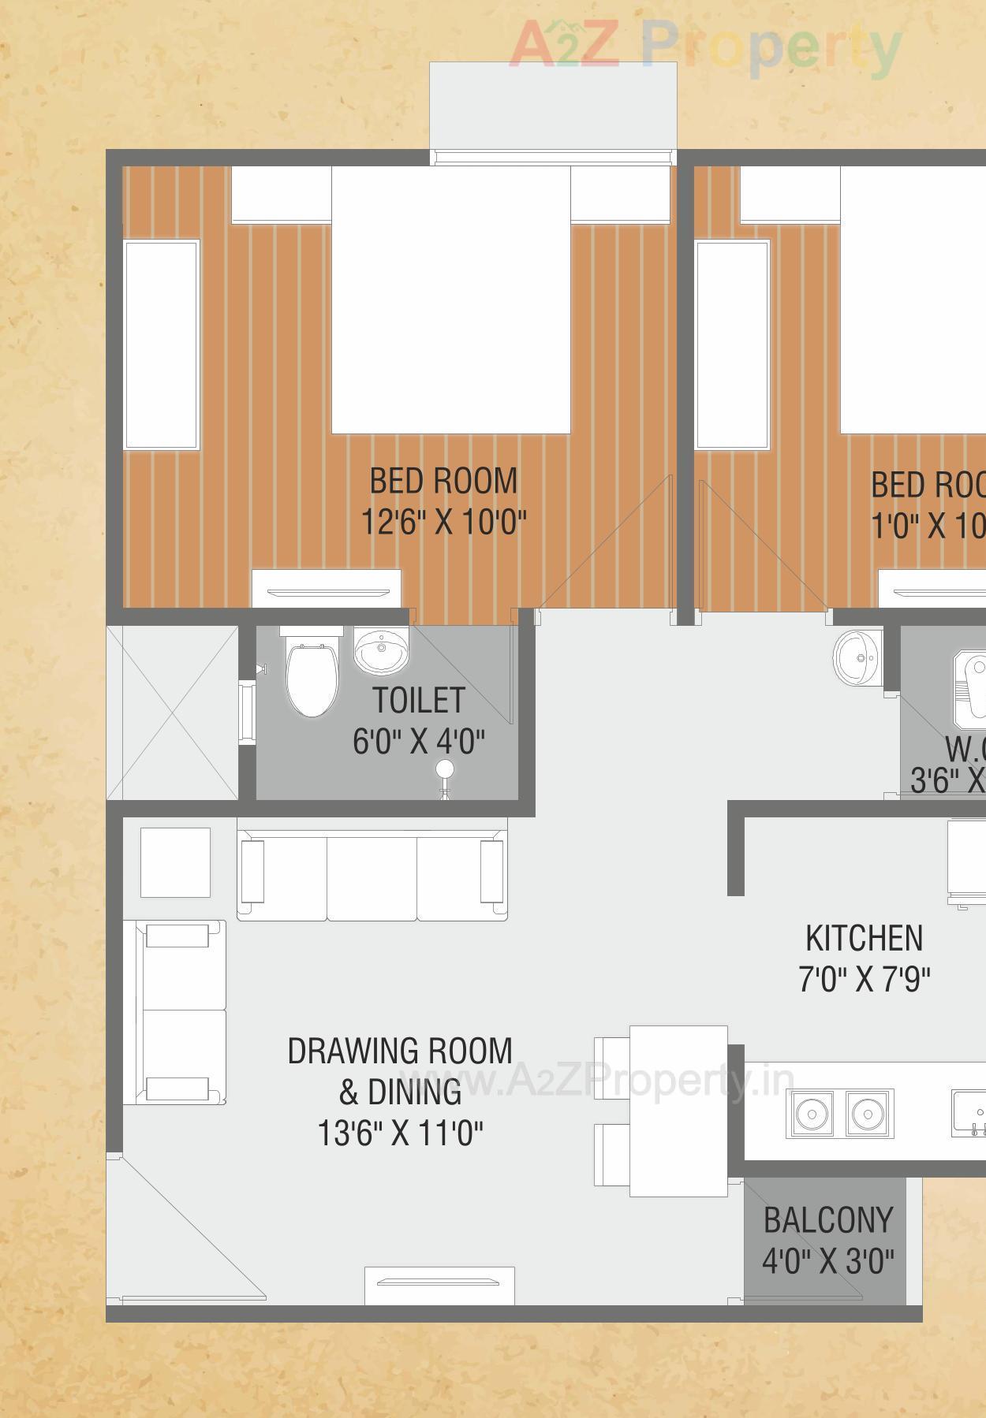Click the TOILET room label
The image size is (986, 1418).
tap(418, 700)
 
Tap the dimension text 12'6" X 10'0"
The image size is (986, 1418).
tap(443, 522)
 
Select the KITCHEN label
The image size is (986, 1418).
tap(864, 938)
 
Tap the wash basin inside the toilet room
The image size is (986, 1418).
tap(381, 649)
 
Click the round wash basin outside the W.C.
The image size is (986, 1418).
tap(857, 657)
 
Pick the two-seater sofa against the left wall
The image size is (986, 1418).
tap(181, 1011)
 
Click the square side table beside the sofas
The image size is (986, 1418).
tap(175, 862)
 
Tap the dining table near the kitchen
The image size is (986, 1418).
tap(678, 1111)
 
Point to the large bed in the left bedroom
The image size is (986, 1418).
tap(450, 300)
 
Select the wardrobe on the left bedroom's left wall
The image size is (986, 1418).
tap(161, 344)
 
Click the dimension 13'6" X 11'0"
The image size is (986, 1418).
tap(400, 1133)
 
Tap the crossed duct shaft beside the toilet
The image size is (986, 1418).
tap(172, 713)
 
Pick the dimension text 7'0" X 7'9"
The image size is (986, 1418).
tap(865, 980)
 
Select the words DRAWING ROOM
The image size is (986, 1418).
tap(400, 1051)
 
